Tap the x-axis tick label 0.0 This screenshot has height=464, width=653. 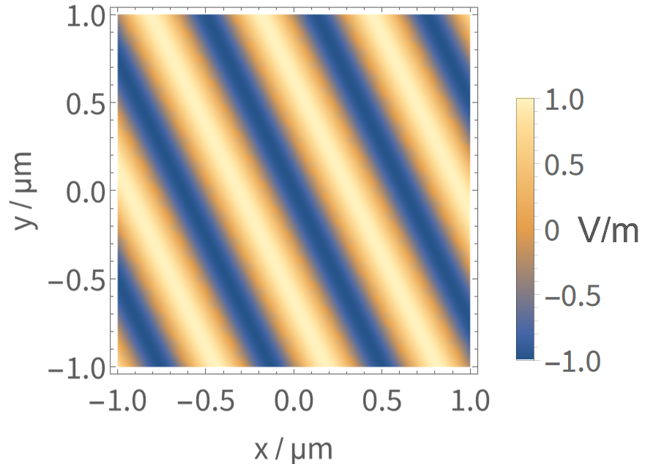pos(294,401)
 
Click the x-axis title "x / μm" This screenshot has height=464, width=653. pos(293,446)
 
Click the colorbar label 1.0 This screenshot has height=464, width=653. pos(565,102)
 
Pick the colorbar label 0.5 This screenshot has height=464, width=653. pos(565,166)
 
